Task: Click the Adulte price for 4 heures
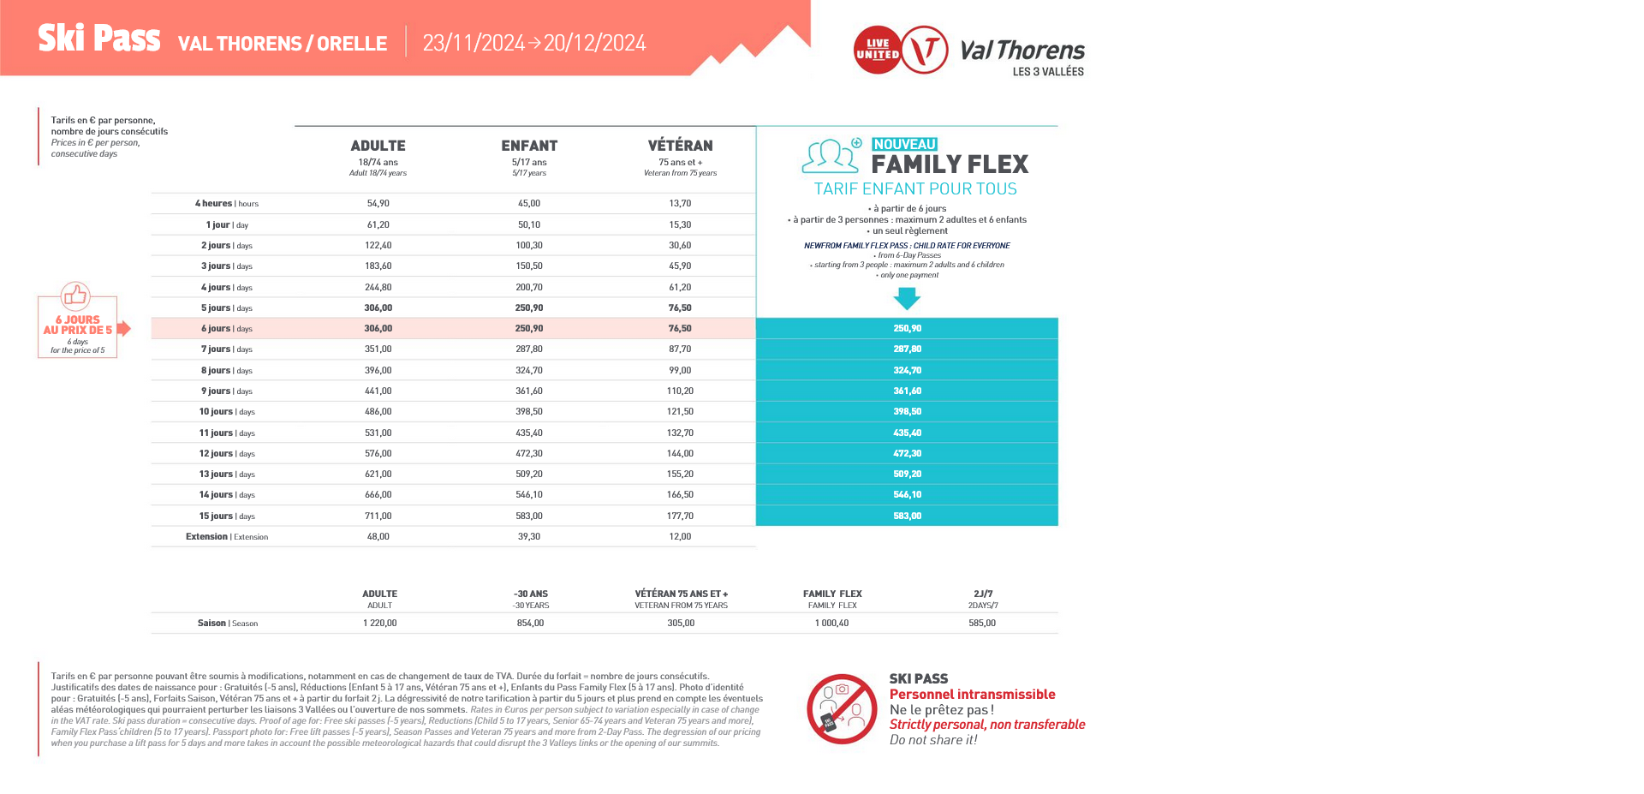(378, 204)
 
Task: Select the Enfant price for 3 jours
(528, 266)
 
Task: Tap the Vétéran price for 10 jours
(680, 412)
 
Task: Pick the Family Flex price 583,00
(907, 516)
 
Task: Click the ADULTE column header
(378, 146)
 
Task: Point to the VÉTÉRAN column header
(680, 146)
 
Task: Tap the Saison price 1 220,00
(379, 624)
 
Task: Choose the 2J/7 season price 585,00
(982, 624)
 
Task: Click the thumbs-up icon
(75, 296)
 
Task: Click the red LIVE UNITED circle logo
(877, 50)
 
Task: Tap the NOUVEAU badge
(904, 144)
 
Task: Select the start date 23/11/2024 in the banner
(474, 43)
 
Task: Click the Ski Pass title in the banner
(98, 39)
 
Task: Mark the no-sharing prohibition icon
(842, 708)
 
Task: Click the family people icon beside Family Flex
(830, 156)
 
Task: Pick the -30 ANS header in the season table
(530, 594)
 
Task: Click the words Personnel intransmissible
(972, 695)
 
